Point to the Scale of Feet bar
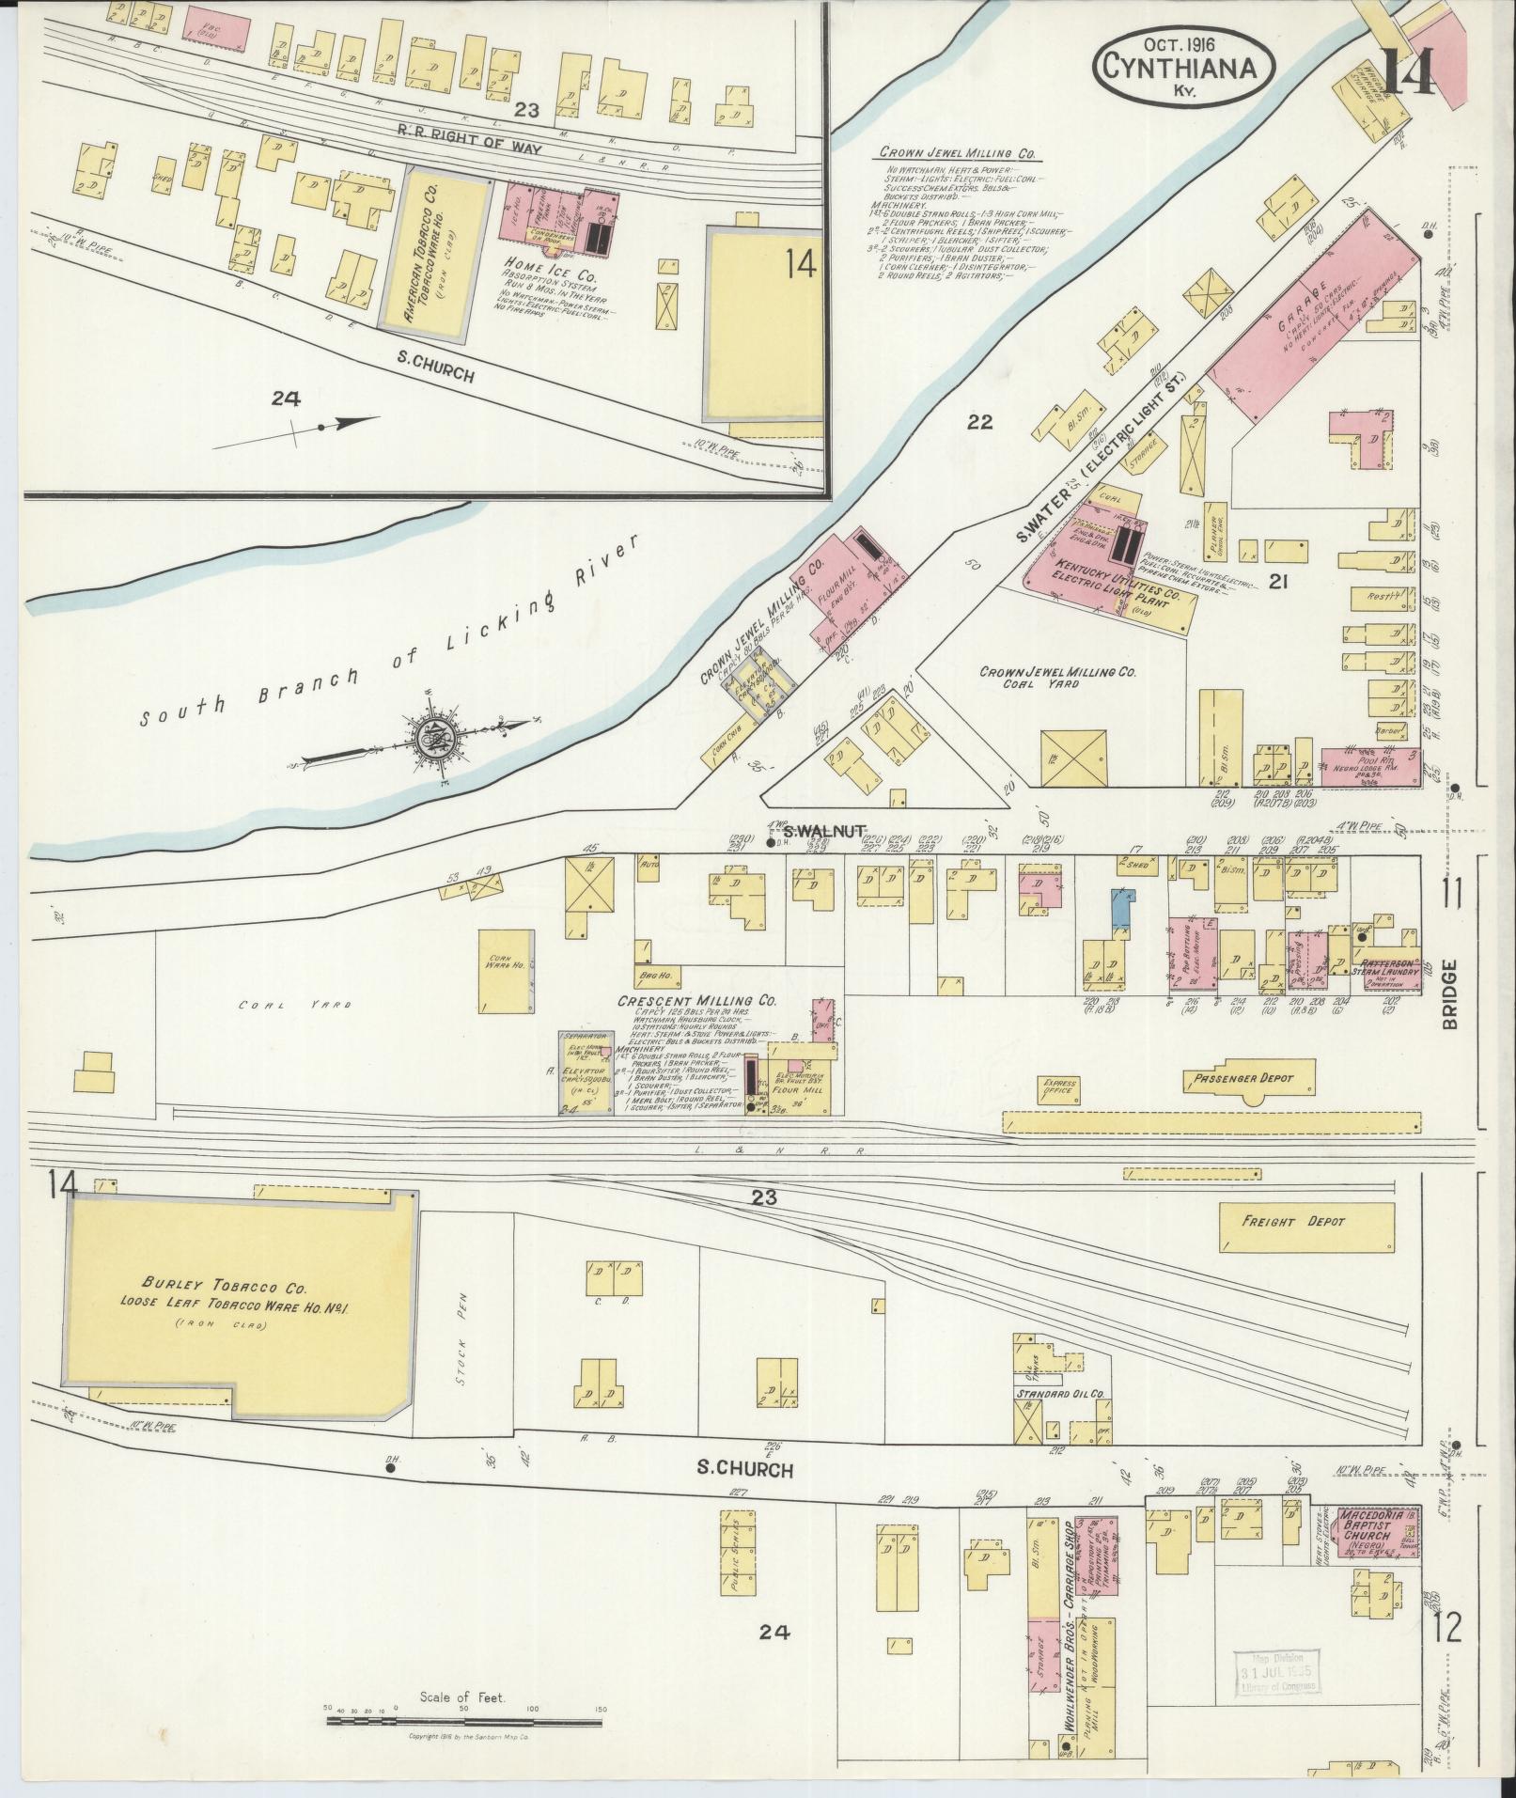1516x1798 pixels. tap(464, 1722)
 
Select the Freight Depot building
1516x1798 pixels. tap(1306, 1223)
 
